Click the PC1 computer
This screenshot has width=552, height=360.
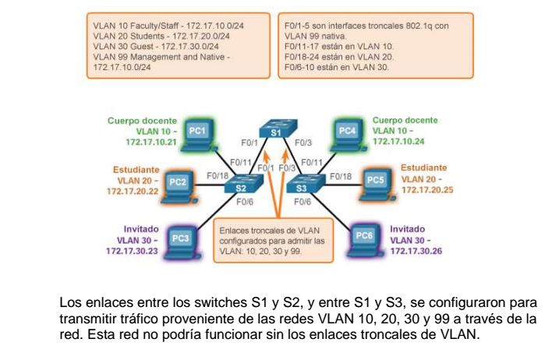pos(197,132)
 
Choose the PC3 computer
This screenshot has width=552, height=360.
pos(180,238)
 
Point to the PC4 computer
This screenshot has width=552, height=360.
pos(348,132)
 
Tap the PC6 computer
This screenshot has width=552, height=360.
pos(363,235)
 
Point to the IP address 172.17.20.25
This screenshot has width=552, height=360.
pos(426,190)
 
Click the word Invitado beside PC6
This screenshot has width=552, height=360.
pos(407,229)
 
